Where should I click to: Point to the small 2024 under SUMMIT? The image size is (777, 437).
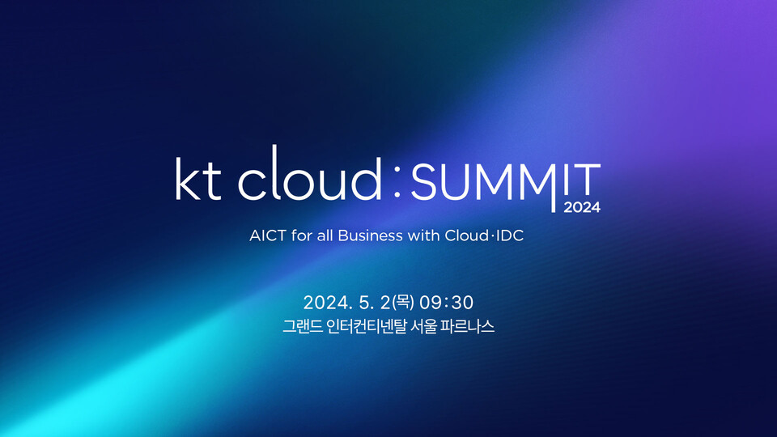click(582, 207)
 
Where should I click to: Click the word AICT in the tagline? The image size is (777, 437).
click(265, 235)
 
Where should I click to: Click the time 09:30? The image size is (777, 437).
click(447, 303)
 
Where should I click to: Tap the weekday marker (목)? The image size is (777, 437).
click(402, 303)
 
